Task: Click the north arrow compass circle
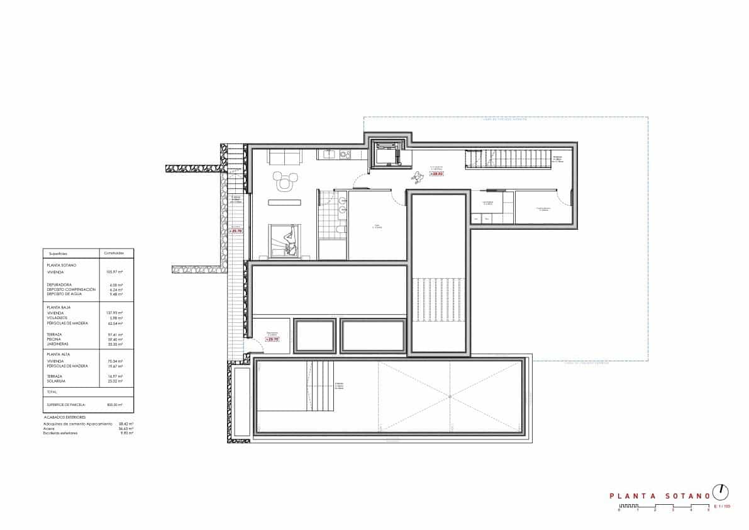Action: coord(721,492)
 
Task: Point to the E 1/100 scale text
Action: coord(722,506)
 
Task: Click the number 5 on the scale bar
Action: coord(709,510)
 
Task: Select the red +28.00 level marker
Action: coord(436,173)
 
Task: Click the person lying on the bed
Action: coord(289,240)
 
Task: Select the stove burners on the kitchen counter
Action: coord(343,154)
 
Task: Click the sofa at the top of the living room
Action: coord(284,156)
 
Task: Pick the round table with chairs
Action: coord(284,181)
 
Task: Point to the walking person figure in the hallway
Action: coord(416,178)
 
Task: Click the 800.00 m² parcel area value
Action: coord(115,405)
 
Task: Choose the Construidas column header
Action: coord(115,253)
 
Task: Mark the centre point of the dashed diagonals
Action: coord(450,396)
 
